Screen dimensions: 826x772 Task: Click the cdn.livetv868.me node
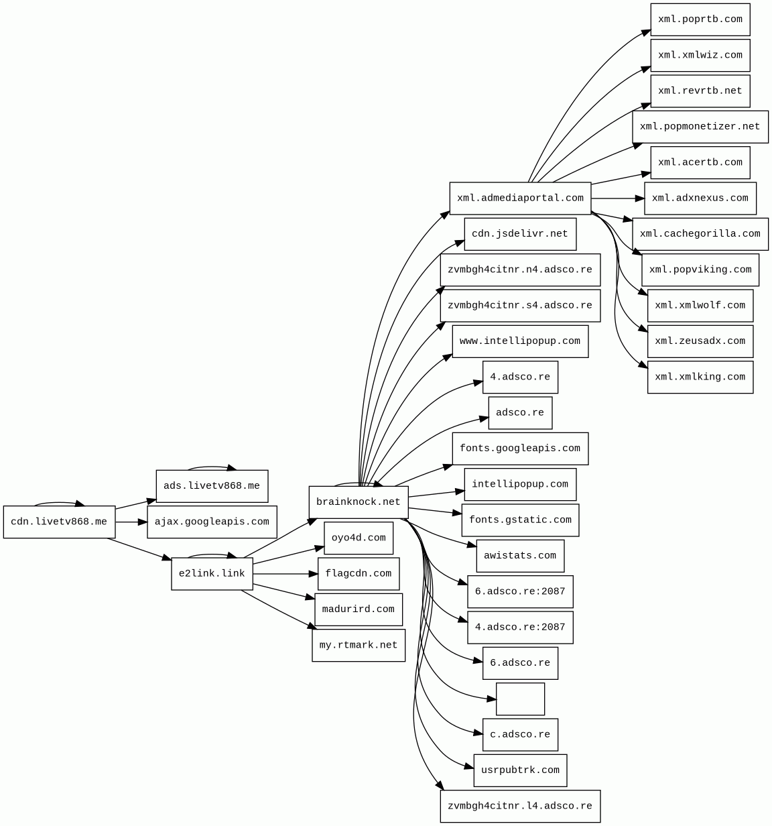click(x=59, y=522)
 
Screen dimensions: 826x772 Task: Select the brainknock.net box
click(x=358, y=502)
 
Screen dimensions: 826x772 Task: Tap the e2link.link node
click(x=212, y=574)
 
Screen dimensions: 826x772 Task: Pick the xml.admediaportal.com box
click(x=520, y=198)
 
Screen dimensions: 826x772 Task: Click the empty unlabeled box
click(x=520, y=699)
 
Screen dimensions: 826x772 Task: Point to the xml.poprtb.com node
click(x=700, y=19)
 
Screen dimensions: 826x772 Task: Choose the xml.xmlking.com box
click(x=700, y=377)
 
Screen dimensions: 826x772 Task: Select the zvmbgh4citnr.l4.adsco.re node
click(x=520, y=806)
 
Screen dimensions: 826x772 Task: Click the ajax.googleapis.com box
click(x=212, y=522)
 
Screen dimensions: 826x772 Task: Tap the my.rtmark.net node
click(x=358, y=645)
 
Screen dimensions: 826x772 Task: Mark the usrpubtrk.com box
click(x=520, y=770)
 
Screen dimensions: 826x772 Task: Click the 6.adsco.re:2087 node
click(x=520, y=591)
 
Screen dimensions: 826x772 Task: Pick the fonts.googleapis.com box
click(x=520, y=449)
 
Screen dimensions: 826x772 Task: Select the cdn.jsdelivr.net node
click(x=520, y=234)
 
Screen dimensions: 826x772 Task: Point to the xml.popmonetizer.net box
click(x=700, y=127)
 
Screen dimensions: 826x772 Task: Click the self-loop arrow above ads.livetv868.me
click(x=211, y=467)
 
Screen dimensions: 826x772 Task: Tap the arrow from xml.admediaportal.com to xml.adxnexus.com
click(x=617, y=198)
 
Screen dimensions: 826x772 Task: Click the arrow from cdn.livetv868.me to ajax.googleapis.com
click(x=131, y=522)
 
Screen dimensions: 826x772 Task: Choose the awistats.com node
click(x=520, y=556)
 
